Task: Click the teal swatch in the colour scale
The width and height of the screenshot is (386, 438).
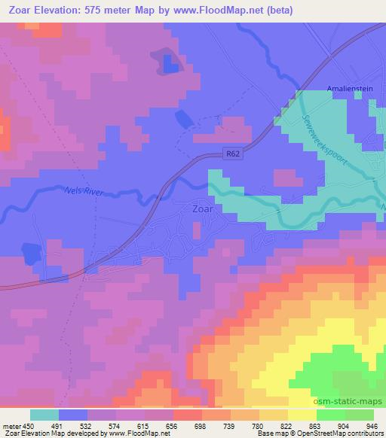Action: (44, 415)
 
